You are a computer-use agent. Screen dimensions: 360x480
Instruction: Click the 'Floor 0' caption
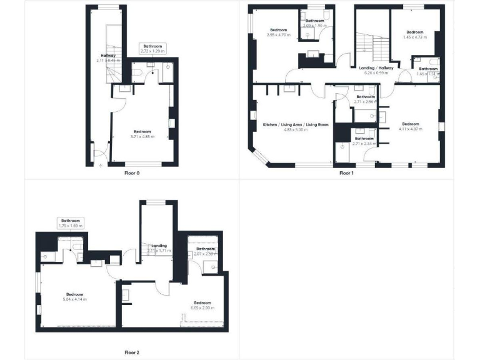131,173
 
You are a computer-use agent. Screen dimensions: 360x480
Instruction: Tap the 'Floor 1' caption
346,173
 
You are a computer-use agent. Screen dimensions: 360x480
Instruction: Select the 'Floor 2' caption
131,352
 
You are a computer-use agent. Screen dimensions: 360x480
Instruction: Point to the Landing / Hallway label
376,68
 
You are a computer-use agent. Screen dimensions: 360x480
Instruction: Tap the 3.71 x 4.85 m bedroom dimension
142,136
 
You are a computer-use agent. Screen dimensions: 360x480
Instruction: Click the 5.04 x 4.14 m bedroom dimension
75,299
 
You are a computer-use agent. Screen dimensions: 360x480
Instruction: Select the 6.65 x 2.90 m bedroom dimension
202,307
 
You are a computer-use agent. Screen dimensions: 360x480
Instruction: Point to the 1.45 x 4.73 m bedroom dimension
415,37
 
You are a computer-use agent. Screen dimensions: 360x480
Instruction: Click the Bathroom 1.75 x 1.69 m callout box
70,222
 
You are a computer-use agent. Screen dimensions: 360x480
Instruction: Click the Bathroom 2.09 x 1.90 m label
314,23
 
